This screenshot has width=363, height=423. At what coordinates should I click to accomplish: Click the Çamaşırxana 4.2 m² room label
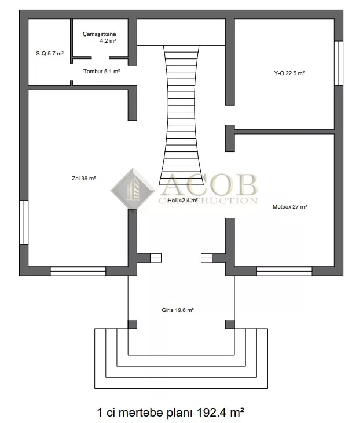100,37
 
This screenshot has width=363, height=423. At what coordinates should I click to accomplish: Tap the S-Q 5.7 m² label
50,53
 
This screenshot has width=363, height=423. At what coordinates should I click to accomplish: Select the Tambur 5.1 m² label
102,72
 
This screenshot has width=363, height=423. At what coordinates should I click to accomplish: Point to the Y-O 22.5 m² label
289,73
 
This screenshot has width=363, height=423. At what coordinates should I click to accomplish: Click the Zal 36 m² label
84,179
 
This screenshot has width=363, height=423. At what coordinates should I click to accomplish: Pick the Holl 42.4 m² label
183,200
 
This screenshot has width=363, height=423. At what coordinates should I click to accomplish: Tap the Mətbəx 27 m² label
289,207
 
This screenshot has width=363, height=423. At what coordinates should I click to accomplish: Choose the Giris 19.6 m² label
178,310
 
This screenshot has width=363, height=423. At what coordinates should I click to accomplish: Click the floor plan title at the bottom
171,412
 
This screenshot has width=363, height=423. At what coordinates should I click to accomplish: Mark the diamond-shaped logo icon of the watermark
133,189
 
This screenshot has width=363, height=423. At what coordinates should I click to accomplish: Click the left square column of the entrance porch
133,324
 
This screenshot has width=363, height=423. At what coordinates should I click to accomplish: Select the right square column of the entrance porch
230,324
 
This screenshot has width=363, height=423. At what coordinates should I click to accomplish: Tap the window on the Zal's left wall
24,222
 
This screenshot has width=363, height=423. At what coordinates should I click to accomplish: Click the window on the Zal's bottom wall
78,271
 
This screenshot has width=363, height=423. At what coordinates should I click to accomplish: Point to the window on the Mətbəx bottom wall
284,271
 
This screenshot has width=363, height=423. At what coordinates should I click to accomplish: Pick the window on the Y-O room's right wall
339,63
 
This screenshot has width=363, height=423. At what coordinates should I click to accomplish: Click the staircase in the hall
181,115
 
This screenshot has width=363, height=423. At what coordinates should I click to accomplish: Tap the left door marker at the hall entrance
156,258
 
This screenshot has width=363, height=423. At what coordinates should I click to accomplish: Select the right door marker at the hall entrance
207,258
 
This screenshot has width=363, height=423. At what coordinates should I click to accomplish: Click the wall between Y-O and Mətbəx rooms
284,132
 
